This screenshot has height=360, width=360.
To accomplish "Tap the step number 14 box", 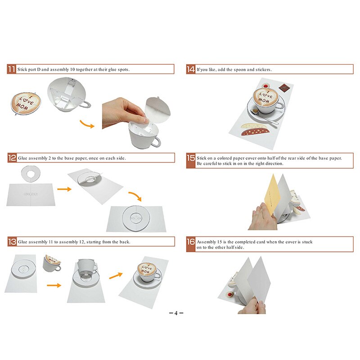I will coord(191,69).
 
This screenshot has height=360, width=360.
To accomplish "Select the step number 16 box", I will coord(191,242).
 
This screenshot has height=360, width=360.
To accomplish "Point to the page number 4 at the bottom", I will coord(176,313).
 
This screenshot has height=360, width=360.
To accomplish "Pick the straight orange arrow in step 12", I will coord(64,189).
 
